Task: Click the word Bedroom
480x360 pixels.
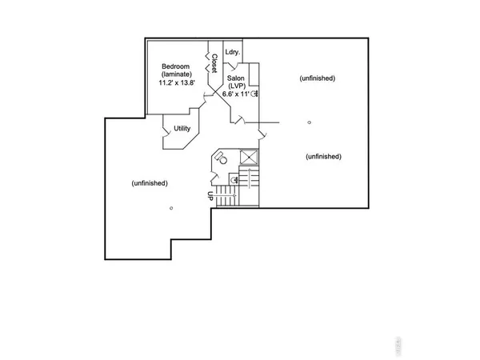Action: [x=174, y=66]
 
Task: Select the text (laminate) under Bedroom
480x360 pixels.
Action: [x=174, y=75]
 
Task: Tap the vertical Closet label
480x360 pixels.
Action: [x=215, y=65]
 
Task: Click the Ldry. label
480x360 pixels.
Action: [x=233, y=53]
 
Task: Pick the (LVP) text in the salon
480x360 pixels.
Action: [x=235, y=85]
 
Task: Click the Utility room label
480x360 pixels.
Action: [x=181, y=128]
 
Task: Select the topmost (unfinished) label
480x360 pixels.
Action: [x=317, y=78]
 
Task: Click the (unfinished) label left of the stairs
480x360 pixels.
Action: [x=150, y=183]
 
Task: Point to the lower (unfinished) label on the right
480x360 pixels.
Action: [x=324, y=156]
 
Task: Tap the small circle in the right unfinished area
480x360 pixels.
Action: [x=309, y=122]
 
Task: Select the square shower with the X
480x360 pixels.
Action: [x=249, y=157]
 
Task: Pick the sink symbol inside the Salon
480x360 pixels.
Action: [x=254, y=94]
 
